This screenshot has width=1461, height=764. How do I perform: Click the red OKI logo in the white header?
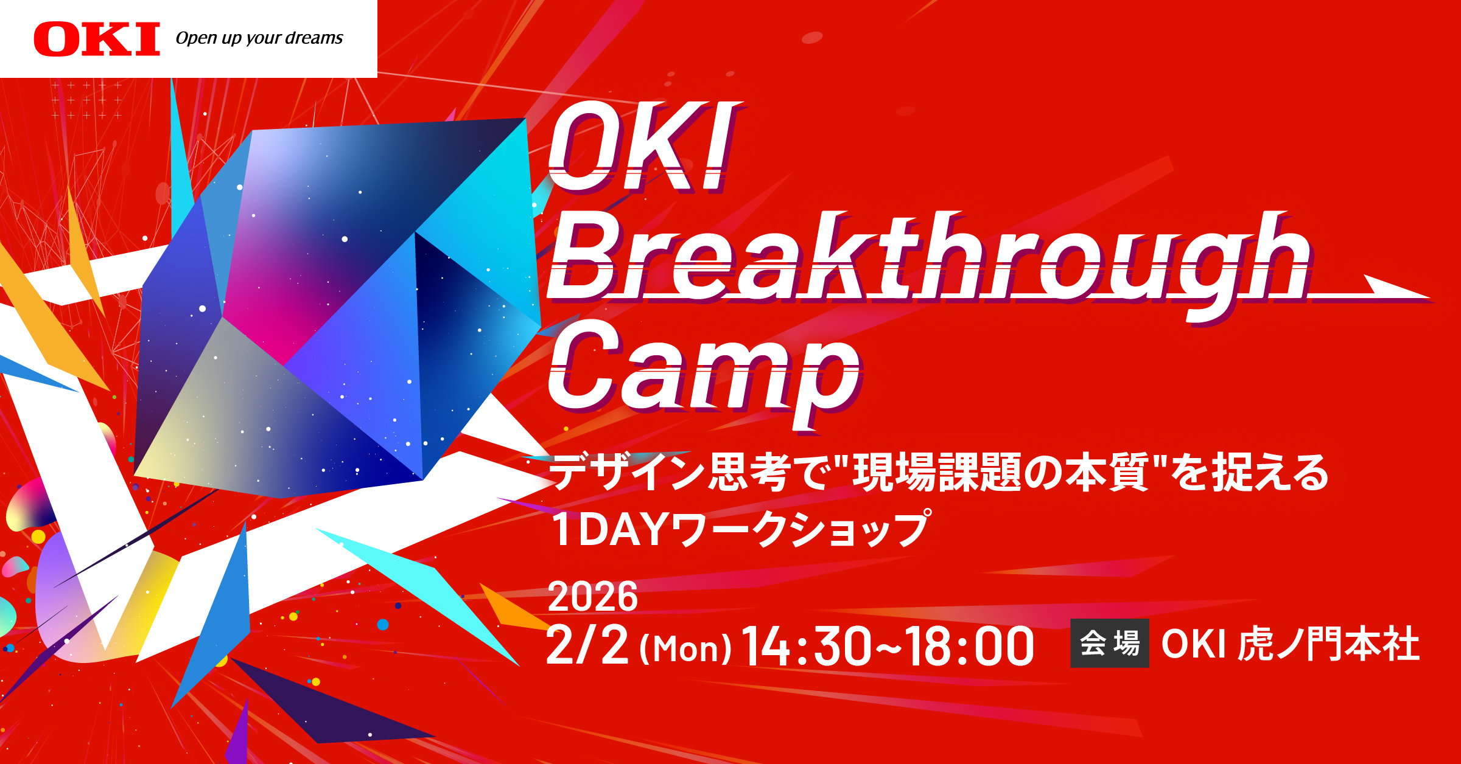click(x=97, y=40)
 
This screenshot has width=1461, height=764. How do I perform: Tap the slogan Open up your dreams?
click(x=259, y=38)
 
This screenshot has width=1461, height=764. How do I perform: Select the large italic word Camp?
click(x=703, y=371)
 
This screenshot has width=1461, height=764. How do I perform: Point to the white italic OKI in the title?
click(x=642, y=149)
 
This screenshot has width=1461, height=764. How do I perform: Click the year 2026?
click(x=592, y=597)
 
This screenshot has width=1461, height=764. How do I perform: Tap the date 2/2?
click(x=587, y=645)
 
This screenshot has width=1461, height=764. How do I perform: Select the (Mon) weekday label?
click(x=685, y=648)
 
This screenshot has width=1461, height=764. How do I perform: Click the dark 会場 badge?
click(x=1109, y=644)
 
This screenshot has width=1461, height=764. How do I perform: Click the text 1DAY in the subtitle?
click(x=609, y=529)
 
